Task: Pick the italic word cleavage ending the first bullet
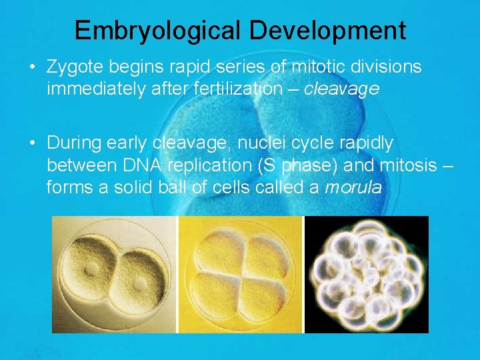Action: point(341,89)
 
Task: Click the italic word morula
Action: point(353,187)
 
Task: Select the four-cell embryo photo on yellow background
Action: point(240,274)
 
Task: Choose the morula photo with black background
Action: point(366,274)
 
